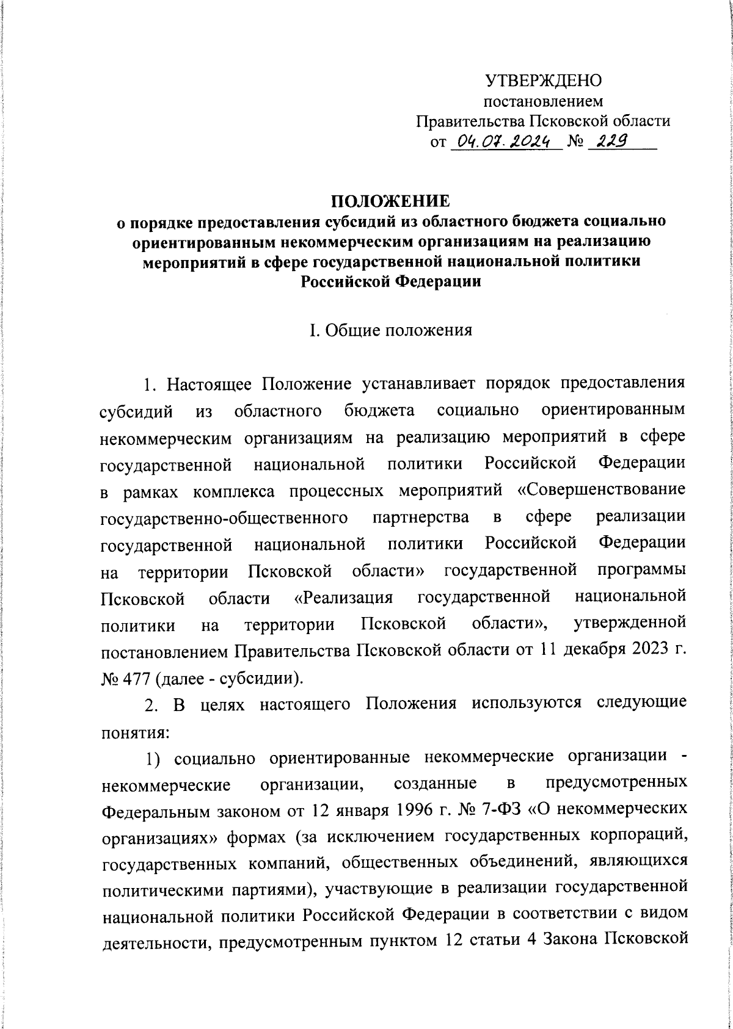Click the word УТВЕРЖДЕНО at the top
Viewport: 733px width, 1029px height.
tap(543, 80)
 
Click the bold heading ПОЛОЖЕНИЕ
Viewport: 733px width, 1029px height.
tap(391, 201)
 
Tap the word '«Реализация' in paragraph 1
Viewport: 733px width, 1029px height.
tap(343, 597)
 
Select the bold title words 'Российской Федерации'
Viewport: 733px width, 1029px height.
tap(391, 282)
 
